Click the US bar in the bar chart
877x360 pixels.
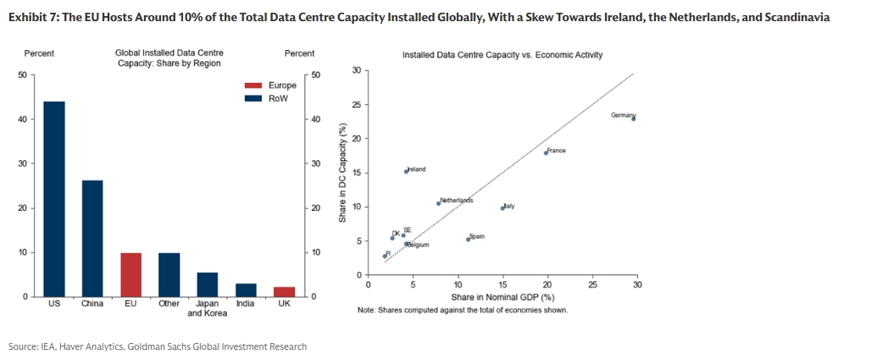coord(53,199)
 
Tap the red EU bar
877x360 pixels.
coord(130,274)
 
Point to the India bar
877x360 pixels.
coord(246,290)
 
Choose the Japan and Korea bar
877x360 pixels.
coord(208,285)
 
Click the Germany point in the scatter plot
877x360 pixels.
coord(633,119)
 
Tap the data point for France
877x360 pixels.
coord(546,152)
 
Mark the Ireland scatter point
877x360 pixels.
coord(407,171)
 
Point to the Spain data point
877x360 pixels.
coord(468,239)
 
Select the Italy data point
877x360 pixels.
coord(503,208)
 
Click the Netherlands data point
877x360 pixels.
coord(439,203)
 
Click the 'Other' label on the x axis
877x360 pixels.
coord(169,303)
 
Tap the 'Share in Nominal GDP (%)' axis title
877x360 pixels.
coord(502,297)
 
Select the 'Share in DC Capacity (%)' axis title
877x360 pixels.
coord(342,174)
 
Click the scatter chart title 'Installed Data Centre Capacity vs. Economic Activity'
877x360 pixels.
coord(502,55)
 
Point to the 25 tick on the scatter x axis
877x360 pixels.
coord(592,285)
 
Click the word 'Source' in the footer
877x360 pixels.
coord(22,346)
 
